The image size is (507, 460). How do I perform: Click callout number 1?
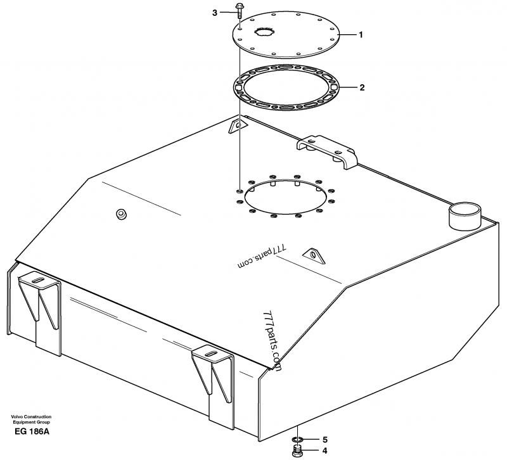coord(361,35)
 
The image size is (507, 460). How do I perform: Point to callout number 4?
coord(324,451)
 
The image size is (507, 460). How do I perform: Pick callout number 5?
coord(324,438)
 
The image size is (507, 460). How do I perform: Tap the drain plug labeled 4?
coord(297,451)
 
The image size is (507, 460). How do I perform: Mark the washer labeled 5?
coord(297,439)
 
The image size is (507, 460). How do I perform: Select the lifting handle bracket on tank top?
coord(327,150)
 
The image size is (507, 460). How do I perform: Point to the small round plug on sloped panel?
coord(120,214)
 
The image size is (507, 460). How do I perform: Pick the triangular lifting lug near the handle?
coord(238,126)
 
